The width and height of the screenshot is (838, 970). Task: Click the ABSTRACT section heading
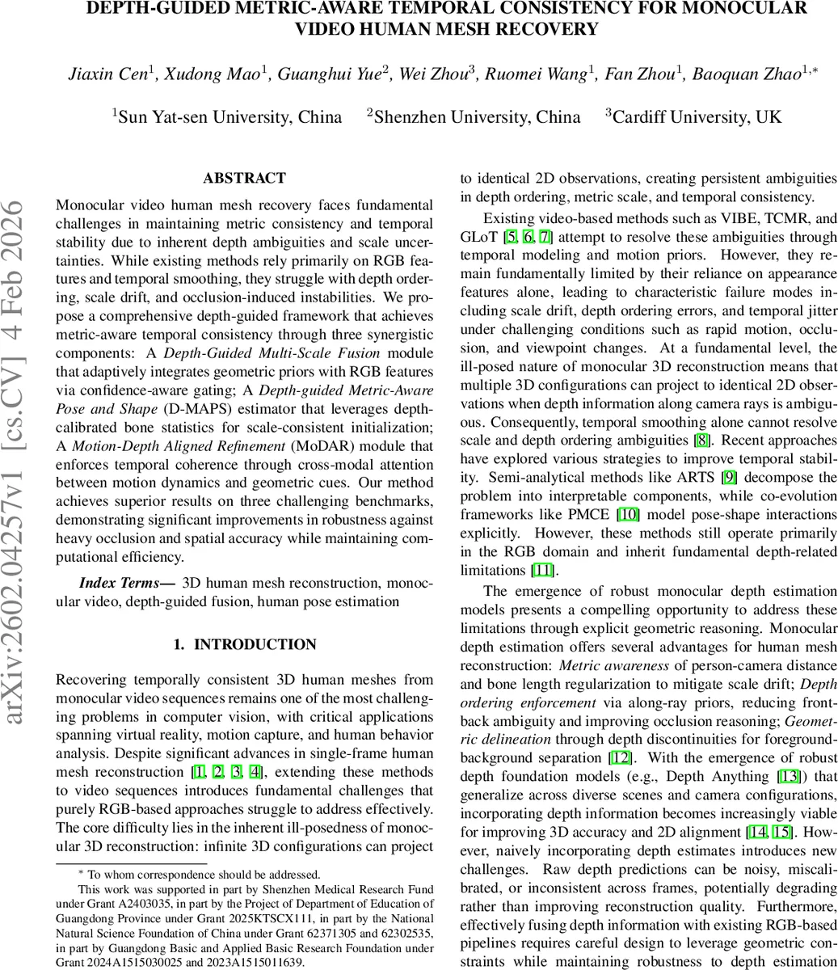coord(244,178)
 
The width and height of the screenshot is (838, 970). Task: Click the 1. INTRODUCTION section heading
coord(245,644)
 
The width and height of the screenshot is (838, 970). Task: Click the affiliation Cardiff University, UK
coord(696,116)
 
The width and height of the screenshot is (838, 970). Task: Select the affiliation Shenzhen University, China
coord(476,116)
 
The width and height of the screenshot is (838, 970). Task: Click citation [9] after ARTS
coord(728,477)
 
